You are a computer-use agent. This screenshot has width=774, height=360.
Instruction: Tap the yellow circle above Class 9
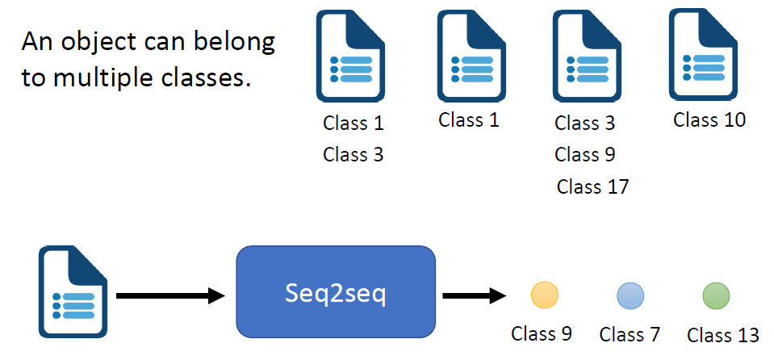click(x=544, y=295)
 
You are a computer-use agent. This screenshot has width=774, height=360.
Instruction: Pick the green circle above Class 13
click(x=716, y=295)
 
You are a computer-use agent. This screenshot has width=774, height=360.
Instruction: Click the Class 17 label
click(x=592, y=187)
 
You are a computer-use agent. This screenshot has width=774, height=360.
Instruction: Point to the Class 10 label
click(x=709, y=121)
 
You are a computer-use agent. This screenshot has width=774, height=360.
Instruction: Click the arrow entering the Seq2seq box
click(x=169, y=296)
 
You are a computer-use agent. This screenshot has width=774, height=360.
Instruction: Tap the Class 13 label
click(x=722, y=335)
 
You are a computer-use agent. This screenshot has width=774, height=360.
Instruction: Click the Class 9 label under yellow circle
click(x=542, y=333)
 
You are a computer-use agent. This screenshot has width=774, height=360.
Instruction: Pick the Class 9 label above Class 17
click(x=585, y=154)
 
